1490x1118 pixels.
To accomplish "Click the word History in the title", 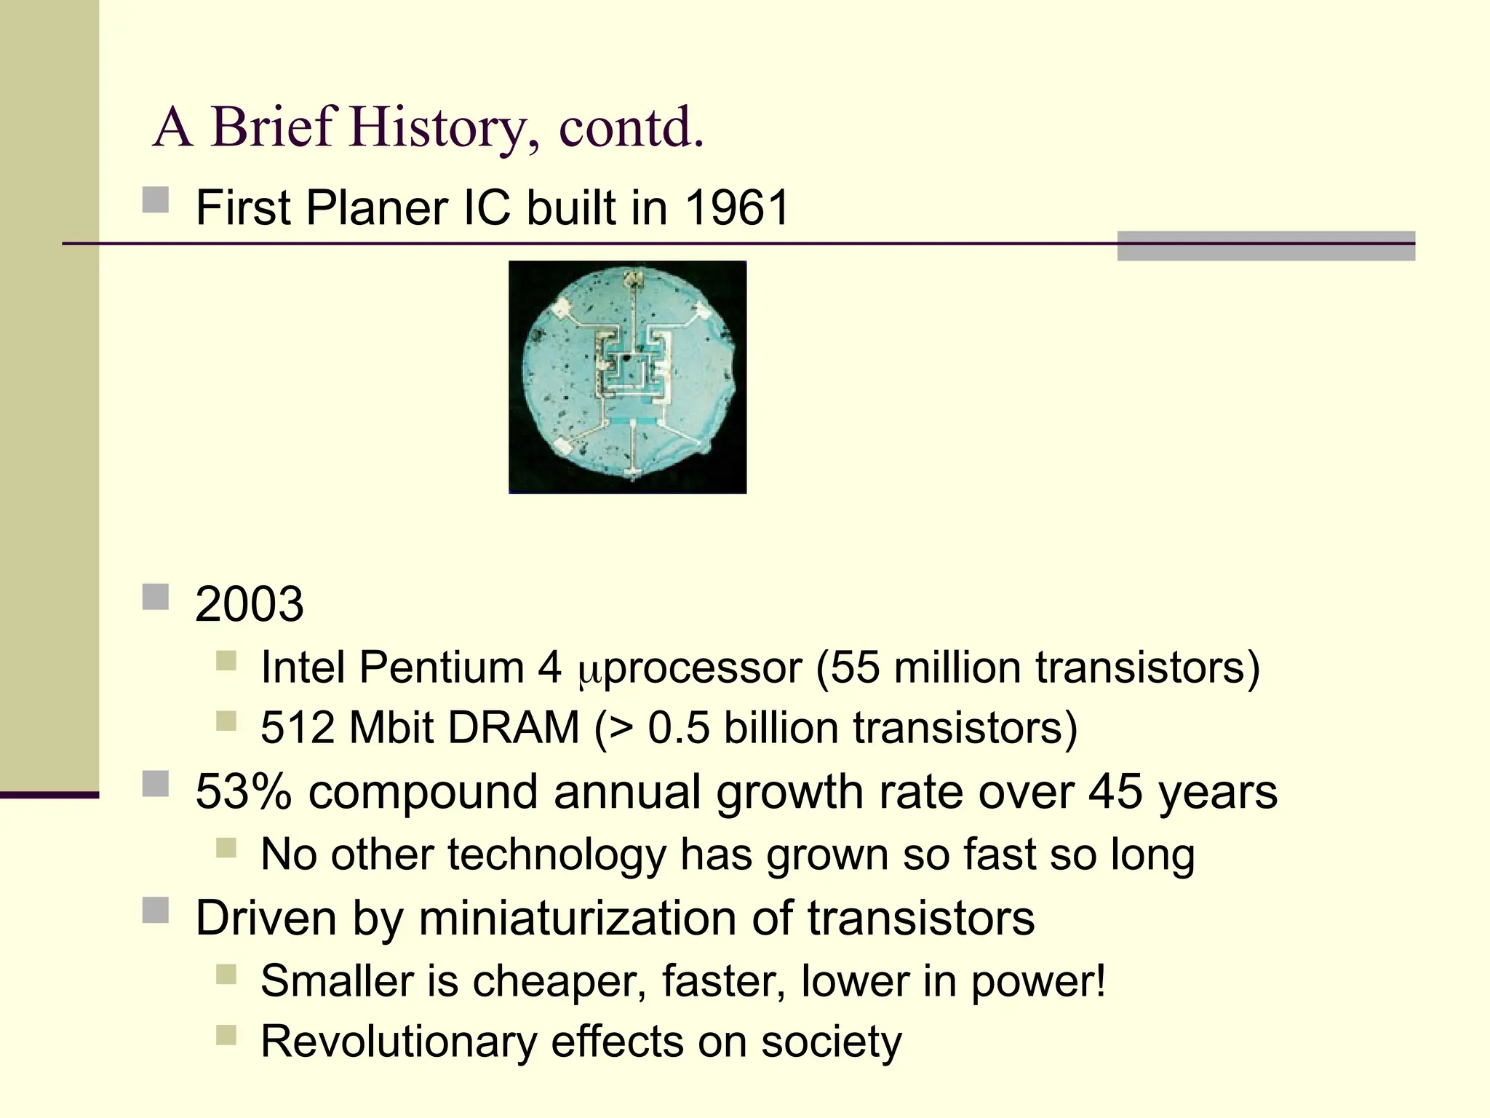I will click(438, 127).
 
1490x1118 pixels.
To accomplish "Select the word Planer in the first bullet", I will click(376, 208).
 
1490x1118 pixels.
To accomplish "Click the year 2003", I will click(249, 604).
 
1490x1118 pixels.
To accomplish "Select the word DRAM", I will click(514, 728).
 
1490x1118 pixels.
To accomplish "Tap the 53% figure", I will click(243, 792).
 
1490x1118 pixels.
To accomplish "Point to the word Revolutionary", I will click(399, 1042).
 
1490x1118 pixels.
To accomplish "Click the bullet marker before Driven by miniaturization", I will click(156, 910).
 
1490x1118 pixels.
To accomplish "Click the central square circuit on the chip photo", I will click(630, 371).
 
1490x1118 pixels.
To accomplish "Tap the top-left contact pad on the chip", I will click(562, 309).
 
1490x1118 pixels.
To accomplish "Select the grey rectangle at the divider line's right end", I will click(1265, 245).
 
